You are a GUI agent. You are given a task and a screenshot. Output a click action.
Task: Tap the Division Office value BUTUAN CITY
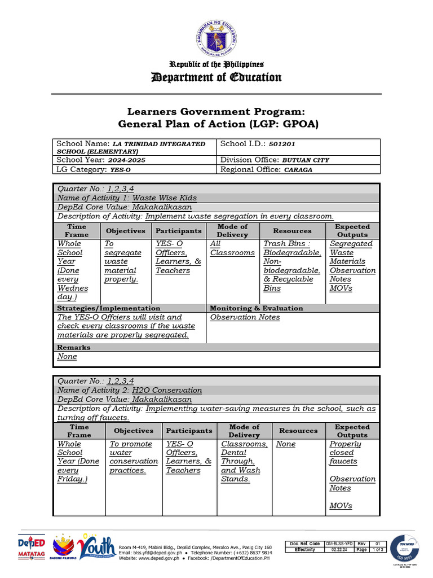pos(306,160)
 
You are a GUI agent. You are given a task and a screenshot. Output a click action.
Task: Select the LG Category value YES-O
pos(121,169)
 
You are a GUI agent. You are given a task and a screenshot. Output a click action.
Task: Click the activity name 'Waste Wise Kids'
pos(165,198)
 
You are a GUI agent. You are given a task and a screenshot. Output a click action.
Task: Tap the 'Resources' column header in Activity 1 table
pos(292,230)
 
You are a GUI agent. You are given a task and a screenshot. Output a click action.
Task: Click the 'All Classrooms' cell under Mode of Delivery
pos(232,248)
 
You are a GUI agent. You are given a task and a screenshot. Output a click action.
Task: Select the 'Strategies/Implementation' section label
pos(109,308)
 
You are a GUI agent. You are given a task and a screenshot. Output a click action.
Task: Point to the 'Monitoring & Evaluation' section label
pos(257,308)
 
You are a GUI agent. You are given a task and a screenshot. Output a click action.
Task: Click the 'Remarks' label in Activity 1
pos(74,347)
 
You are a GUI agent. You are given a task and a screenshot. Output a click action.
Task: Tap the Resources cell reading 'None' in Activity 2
pos(286,444)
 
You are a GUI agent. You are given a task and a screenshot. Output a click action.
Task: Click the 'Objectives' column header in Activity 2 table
pos(134,431)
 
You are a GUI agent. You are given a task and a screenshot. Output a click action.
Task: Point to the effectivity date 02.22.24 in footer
pos(339,549)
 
